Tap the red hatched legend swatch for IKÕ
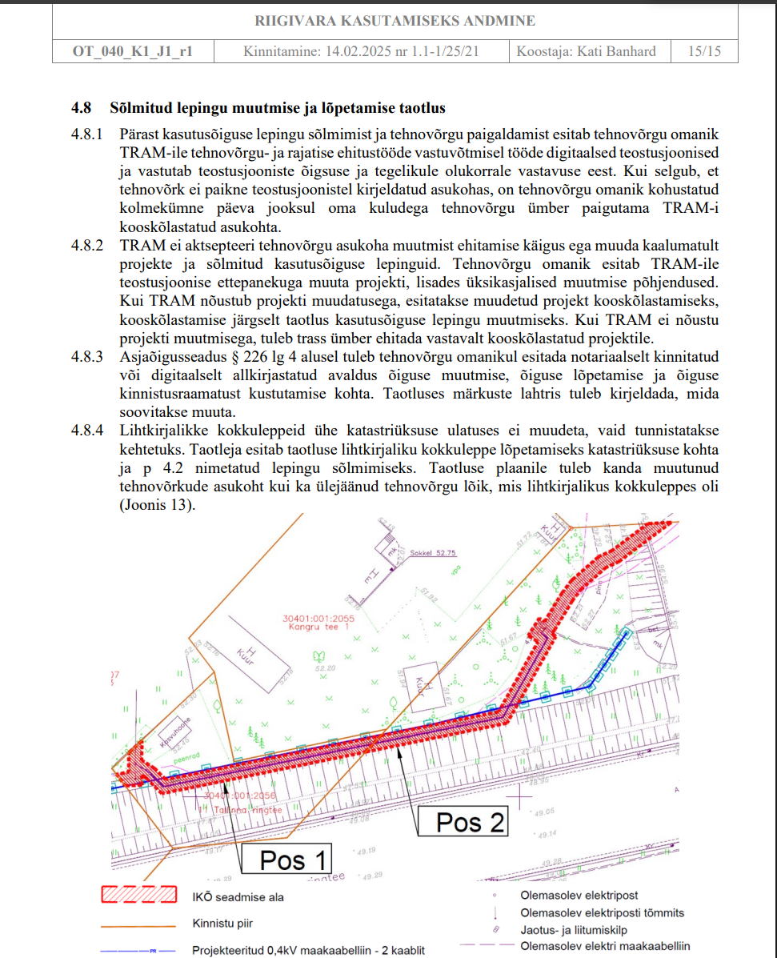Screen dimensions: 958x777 tap(138, 896)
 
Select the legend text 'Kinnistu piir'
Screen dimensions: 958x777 tap(222, 923)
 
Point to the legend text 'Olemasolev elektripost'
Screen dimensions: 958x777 tap(579, 896)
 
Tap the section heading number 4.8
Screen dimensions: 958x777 tap(82, 107)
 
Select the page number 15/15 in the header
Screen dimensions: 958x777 tap(704, 51)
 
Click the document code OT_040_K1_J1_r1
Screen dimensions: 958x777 tap(132, 51)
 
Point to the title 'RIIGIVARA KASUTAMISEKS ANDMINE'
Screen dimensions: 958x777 tap(395, 21)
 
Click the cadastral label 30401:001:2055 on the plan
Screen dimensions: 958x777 tap(318, 619)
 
